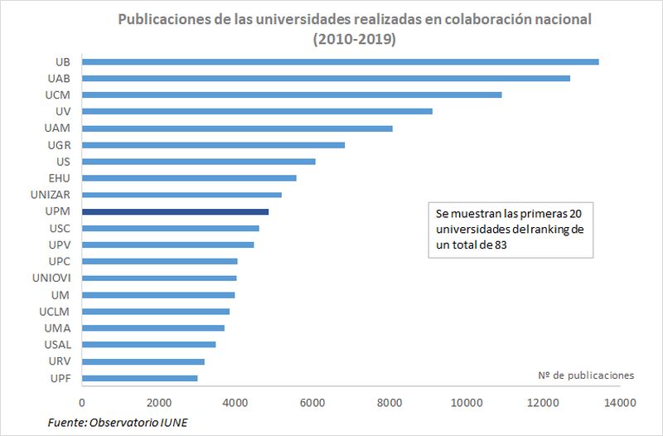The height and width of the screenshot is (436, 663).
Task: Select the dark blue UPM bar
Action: (175, 211)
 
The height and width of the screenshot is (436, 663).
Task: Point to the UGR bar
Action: (213, 145)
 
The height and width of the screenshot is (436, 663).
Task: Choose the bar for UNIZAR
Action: (181, 195)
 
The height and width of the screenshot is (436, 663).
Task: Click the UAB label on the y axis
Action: (58, 78)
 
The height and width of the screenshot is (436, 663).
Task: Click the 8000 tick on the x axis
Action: (389, 403)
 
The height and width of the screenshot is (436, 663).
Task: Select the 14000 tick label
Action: (619, 403)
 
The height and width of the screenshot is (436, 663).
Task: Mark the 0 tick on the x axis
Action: (82, 403)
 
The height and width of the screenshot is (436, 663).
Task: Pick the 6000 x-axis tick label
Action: (312, 403)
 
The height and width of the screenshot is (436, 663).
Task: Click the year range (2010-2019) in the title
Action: (355, 39)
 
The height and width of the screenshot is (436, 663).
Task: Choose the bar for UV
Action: (257, 111)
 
